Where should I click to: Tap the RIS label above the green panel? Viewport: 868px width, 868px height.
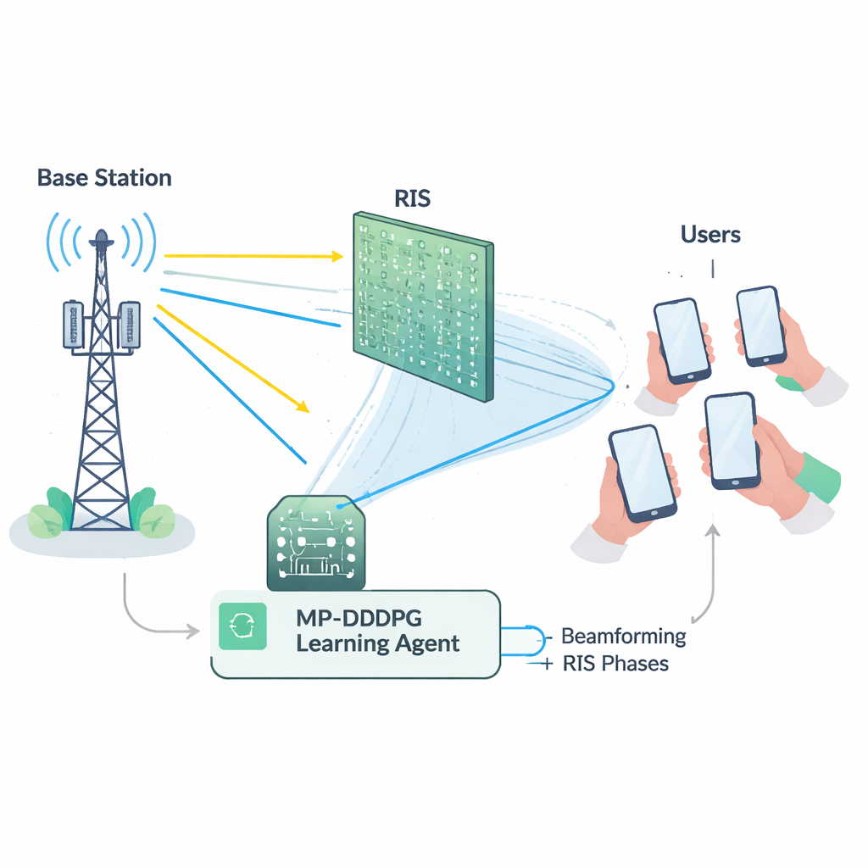[413, 198]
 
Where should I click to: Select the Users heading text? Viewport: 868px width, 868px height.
[710, 234]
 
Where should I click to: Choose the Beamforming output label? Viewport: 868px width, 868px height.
[624, 636]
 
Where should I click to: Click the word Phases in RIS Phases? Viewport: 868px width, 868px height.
[635, 664]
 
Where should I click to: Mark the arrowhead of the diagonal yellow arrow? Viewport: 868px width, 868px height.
[303, 409]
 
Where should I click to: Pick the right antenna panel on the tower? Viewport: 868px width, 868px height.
[130, 325]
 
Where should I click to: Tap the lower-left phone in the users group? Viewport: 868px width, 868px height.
[642, 472]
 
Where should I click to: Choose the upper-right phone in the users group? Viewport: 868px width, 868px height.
[759, 326]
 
